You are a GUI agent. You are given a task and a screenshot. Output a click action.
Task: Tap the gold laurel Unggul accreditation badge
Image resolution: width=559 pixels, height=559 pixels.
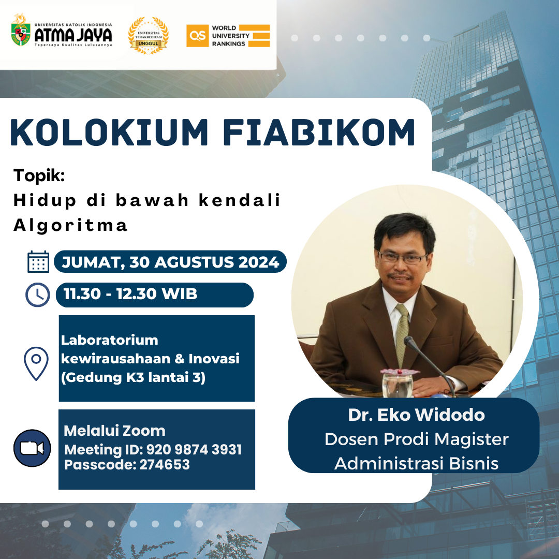pos(149,35)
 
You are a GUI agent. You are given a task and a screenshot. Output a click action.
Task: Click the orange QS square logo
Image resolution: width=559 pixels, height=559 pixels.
pos(198,36)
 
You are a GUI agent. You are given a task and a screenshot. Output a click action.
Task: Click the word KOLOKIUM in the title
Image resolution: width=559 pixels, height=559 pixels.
pos(109,133)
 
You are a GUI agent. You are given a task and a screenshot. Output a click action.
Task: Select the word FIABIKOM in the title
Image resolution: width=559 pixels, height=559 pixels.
pos(319,133)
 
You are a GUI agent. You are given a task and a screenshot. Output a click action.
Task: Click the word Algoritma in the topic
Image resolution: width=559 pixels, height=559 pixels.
pos(70,225)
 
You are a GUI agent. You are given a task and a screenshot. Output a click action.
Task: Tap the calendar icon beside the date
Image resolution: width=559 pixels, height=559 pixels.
pos(38,262)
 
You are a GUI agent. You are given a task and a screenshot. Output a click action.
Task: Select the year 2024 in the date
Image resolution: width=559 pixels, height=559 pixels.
pos(259,262)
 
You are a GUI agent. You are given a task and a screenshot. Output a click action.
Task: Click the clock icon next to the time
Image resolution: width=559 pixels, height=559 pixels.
pos(38,295)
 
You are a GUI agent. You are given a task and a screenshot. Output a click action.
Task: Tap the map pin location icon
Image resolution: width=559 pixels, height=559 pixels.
pos(36,363)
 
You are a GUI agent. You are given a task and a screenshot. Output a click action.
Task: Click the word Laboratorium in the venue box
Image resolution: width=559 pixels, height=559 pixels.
pos(109,340)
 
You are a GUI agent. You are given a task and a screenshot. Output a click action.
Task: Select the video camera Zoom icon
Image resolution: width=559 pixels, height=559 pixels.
pos(32,448)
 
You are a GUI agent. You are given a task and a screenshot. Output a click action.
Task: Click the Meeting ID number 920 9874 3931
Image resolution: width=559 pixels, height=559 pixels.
pos(194,450)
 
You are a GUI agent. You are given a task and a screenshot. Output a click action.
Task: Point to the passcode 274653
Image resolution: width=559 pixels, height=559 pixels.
pos(165,464)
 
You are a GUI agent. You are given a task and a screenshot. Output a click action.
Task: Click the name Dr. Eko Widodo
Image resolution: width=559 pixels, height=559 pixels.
pos(416,415)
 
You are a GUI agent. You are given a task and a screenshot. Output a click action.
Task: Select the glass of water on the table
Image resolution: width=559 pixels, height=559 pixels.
pos(397,384)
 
